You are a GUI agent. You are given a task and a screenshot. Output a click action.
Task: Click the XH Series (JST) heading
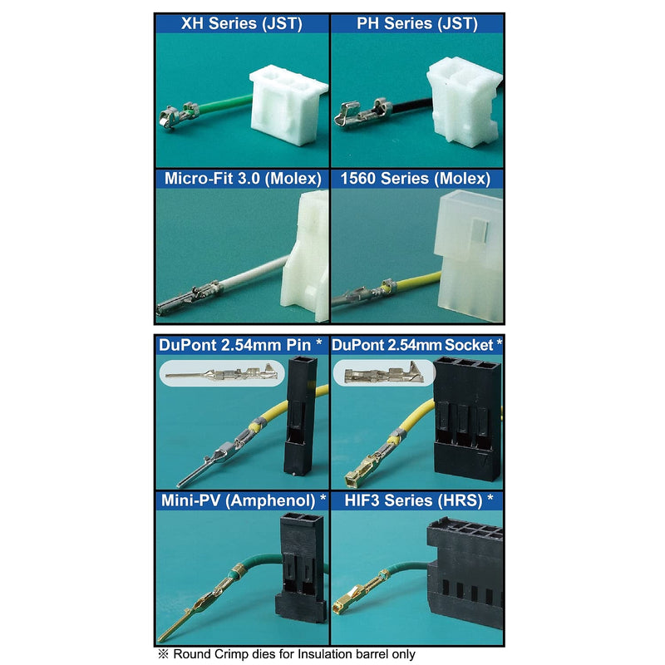point(242,23)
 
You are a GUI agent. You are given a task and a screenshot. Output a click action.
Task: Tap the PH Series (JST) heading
point(417,23)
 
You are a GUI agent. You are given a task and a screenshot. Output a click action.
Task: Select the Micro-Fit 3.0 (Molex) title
point(243,179)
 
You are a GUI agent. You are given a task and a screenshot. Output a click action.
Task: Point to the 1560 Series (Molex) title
point(416,179)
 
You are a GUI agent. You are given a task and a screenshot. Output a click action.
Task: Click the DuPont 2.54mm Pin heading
point(240,345)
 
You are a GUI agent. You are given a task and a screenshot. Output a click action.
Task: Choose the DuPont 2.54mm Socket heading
point(417,345)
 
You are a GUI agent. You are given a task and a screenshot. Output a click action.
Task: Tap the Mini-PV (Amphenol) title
point(244,501)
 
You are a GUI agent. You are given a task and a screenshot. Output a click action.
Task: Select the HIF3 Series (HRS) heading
point(419,501)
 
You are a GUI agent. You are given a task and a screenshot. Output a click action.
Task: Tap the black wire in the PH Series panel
point(410,106)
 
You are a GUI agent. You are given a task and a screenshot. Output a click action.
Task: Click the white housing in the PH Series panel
point(463,101)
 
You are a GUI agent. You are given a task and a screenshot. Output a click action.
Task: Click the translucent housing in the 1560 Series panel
point(469,255)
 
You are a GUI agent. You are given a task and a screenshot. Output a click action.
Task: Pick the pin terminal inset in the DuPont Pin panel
point(222,373)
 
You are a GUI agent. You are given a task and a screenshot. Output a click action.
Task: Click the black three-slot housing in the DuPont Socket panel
point(466,419)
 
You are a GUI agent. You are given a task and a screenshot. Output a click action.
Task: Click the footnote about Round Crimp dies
point(287,654)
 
